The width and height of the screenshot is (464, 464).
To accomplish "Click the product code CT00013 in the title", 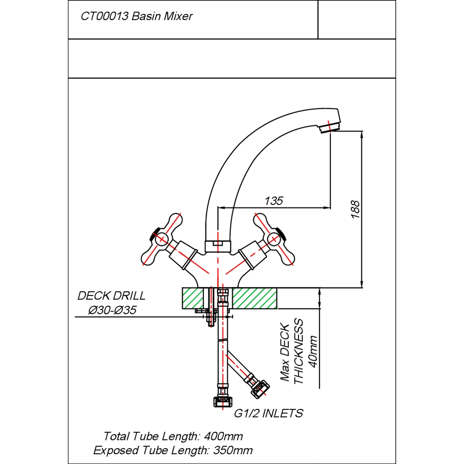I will coord(104,17).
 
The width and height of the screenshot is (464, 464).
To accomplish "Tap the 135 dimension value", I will coord(274,201).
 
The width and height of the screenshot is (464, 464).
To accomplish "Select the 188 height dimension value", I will coord(355,209).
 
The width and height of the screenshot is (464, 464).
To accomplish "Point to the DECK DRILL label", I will coord(111,296).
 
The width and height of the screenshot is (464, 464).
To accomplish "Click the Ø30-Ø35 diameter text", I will coord(112,310).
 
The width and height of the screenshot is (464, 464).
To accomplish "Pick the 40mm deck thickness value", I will coord(313,351).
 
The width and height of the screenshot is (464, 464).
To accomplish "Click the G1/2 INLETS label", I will coord(269,413).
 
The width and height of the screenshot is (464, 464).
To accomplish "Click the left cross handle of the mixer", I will coord(162,239).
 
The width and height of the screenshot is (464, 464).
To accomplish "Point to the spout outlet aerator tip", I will coord(330,126).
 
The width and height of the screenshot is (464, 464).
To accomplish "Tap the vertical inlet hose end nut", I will coord(221,402).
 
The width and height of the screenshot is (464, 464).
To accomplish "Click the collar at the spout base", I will coord(218,246).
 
